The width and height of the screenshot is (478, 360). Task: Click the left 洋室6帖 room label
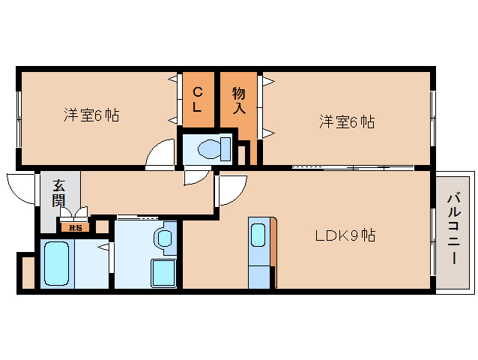click(x=91, y=115)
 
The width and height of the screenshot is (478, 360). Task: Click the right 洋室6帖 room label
click(x=347, y=121)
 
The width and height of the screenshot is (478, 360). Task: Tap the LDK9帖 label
click(x=345, y=235)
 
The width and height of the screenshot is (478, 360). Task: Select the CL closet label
click(x=197, y=99)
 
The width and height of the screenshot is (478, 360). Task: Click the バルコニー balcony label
click(x=454, y=229)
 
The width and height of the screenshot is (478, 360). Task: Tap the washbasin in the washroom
click(x=164, y=238)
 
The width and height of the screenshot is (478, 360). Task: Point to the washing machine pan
click(x=163, y=272)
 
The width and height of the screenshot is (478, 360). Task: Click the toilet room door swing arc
click(x=197, y=177)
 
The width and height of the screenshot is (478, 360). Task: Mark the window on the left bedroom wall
click(x=18, y=117)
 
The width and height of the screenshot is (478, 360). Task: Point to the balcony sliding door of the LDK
click(x=432, y=241)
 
